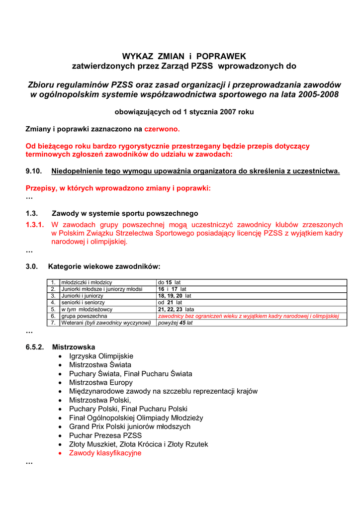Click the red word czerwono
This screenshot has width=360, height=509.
tap(162, 129)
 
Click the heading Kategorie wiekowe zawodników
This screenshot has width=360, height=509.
tap(104, 266)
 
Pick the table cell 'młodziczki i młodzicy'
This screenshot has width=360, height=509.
tap(87, 282)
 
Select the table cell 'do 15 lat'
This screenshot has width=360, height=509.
tap(169, 282)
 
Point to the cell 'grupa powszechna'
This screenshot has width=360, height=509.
tap(84, 316)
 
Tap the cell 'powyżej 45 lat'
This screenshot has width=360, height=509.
tap(175, 323)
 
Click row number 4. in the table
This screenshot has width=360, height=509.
tap(53, 302)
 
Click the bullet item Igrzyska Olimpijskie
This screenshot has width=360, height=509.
tap(101, 356)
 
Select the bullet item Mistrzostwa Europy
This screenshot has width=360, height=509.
tap(101, 382)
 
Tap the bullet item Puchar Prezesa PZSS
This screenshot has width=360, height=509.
tap(105, 435)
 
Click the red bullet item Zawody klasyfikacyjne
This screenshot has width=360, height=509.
tap(105, 453)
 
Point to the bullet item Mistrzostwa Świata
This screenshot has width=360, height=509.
tap(100, 365)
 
